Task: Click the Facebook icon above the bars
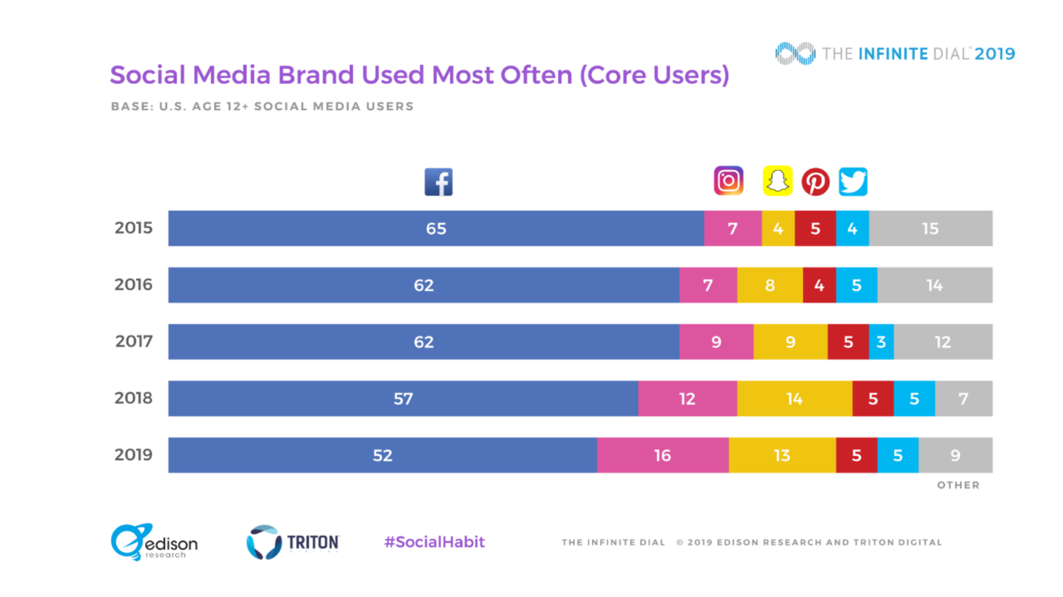438,182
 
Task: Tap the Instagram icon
728,181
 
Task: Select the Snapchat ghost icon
777,181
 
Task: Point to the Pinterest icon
815,182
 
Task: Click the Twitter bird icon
853,181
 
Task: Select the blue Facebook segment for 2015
436,228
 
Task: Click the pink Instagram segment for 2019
663,455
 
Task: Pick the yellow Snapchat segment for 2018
794,399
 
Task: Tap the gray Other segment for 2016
934,285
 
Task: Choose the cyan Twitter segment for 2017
881,342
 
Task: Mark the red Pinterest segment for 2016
819,285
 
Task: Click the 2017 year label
134,342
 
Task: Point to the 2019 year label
133,455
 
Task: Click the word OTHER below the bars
958,485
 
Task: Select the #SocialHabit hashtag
434,542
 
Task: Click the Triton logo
293,542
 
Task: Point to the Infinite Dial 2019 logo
895,54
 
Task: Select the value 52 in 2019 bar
382,455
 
